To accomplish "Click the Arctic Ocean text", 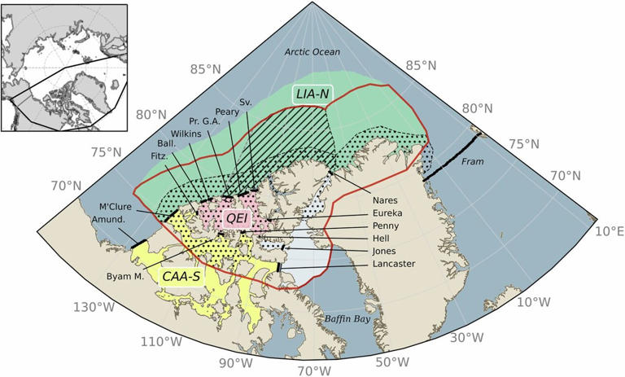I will [x=312, y=52].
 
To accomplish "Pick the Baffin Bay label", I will [x=347, y=318].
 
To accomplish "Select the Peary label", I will [x=227, y=112].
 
